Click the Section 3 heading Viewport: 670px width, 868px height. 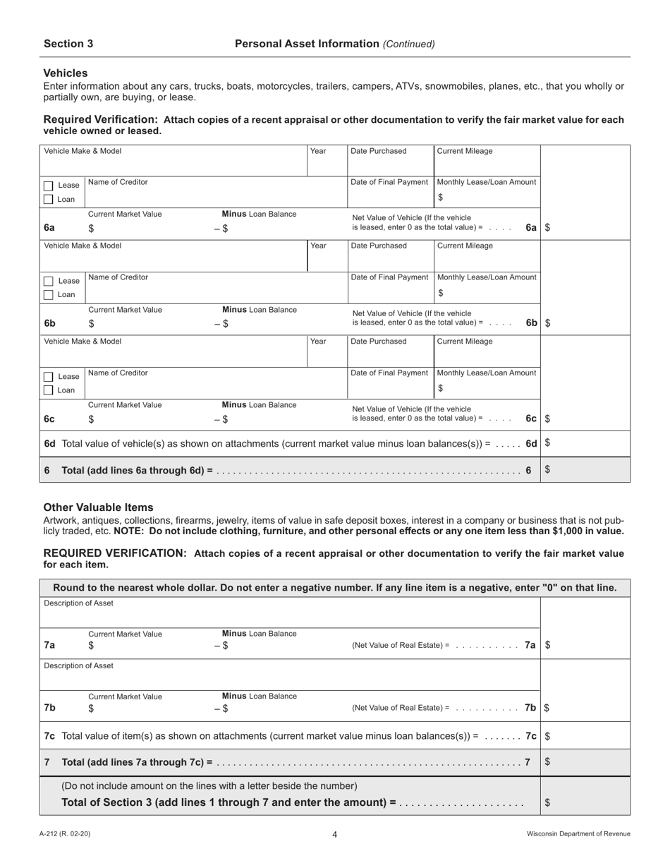[x=68, y=44]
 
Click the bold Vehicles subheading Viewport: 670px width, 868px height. [x=66, y=73]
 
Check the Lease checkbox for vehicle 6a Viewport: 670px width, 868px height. [x=48, y=186]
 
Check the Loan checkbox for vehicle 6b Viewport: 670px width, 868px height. [x=48, y=295]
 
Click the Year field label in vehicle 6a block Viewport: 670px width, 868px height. [x=318, y=151]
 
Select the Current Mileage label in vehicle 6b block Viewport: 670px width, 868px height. [x=465, y=246]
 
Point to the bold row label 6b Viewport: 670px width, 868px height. [x=49, y=323]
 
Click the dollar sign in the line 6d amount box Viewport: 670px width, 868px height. [x=548, y=443]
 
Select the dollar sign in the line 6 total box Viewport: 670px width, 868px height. [x=548, y=469]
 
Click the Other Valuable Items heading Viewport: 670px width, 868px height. [x=98, y=507]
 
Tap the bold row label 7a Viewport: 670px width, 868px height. [x=49, y=645]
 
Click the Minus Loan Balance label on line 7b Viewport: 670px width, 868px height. [x=259, y=696]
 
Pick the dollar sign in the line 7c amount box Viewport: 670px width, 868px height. [x=548, y=735]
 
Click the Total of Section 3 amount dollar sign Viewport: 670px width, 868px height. [x=548, y=802]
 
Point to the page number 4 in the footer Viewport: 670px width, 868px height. [x=335, y=835]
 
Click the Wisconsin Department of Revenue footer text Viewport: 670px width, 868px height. [x=578, y=834]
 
